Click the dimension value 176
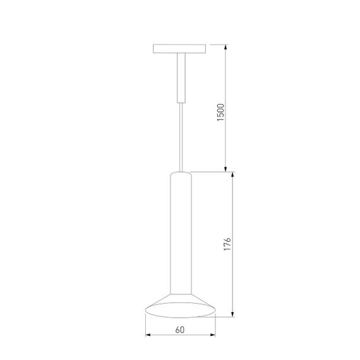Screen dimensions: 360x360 click(x=228, y=244)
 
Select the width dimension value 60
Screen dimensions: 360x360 click(x=180, y=329)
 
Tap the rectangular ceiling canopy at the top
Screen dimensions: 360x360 click(x=180, y=49)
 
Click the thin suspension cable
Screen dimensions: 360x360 click(x=180, y=136)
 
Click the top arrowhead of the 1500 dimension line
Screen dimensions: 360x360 click(x=226, y=49)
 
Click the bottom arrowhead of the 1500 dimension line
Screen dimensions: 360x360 click(x=226, y=167)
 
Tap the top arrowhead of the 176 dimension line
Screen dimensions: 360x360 click(x=234, y=175)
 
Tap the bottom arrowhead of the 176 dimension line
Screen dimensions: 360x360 click(x=234, y=313)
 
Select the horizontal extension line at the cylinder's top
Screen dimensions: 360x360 click(x=212, y=171)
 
